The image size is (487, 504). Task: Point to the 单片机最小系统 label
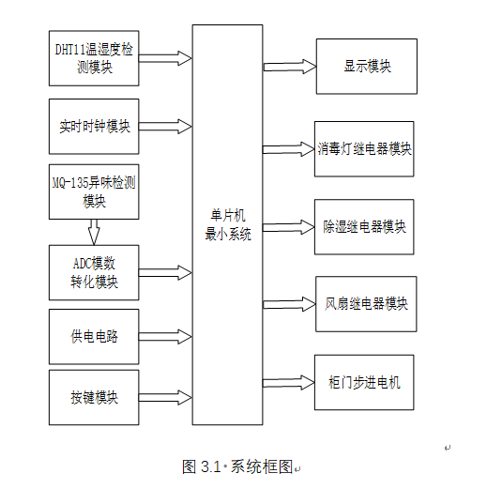point(228,224)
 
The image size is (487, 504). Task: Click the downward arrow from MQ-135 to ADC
point(94,232)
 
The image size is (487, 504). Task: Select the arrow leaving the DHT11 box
point(165,58)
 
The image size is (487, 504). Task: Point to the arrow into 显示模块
point(290,67)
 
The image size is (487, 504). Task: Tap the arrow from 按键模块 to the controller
point(165,397)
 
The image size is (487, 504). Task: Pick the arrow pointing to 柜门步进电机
point(289,383)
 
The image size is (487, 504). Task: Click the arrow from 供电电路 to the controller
point(165,337)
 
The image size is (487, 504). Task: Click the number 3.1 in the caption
point(210,466)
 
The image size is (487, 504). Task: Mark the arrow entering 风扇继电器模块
point(289,304)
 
